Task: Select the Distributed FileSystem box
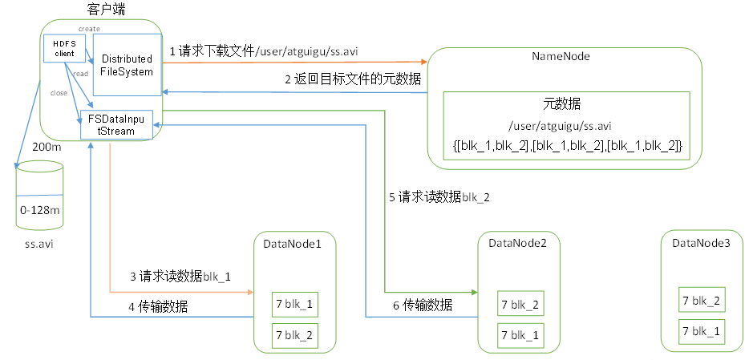(x=128, y=64)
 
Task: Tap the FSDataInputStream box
(x=116, y=125)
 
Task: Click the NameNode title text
(x=561, y=57)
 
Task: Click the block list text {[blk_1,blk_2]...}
(x=567, y=144)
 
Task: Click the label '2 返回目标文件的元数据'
(x=353, y=79)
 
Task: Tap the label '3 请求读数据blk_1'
(x=180, y=277)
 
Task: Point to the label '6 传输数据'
(x=422, y=305)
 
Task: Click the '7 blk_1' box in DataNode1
(x=294, y=305)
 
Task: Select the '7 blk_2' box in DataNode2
(x=520, y=305)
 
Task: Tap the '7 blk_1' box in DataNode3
(x=701, y=330)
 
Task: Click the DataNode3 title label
(x=701, y=243)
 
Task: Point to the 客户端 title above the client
(x=106, y=9)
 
